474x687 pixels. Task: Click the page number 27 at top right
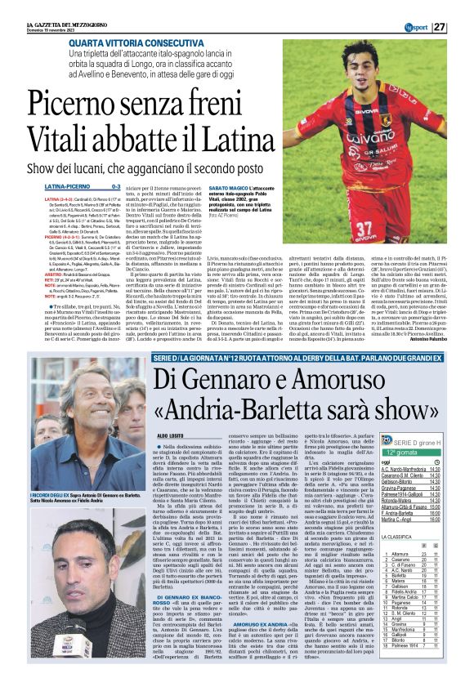click(x=461, y=7)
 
